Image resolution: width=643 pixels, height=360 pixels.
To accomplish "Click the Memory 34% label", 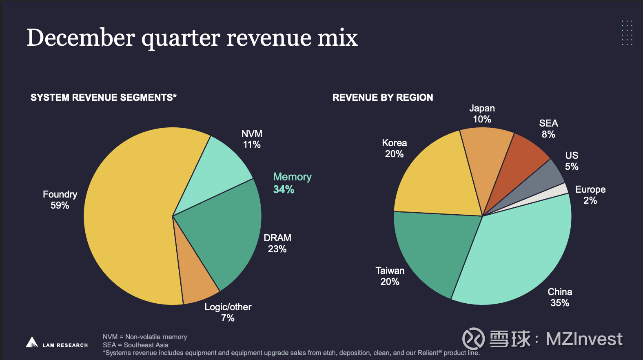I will (292, 183).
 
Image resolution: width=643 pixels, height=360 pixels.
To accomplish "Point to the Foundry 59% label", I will (60, 200).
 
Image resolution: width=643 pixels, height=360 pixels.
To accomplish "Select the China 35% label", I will (560, 297).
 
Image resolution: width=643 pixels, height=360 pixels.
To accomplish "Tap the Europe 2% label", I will (590, 195).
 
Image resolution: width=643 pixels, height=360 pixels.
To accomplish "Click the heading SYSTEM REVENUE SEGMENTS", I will (104, 98).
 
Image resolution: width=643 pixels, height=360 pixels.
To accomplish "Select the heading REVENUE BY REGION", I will (383, 98).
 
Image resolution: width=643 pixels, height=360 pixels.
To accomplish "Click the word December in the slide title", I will (81, 38).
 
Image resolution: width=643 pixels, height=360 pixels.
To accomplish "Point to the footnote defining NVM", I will (145, 337).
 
